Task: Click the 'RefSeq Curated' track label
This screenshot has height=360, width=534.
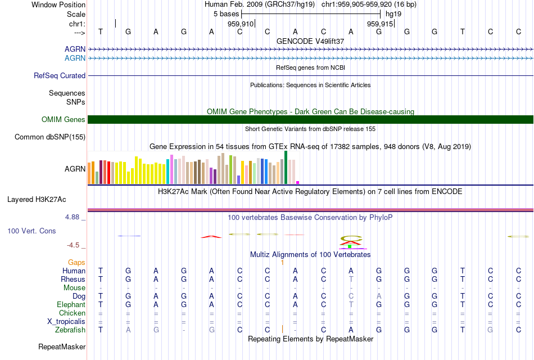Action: tap(60, 75)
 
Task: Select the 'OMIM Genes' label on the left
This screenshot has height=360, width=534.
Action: tap(64, 119)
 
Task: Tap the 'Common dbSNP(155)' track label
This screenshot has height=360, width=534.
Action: tap(50, 137)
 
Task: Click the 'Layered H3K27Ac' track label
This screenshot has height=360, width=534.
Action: tap(37, 199)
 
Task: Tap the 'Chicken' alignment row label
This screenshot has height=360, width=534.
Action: tap(72, 313)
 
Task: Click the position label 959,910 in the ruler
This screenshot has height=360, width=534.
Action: tap(240, 24)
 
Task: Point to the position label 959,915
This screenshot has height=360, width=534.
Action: tap(379, 24)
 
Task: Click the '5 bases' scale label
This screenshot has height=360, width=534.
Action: tap(227, 13)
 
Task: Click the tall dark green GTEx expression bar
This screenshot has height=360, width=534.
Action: tap(286, 167)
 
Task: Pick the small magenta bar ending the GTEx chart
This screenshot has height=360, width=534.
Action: tap(298, 182)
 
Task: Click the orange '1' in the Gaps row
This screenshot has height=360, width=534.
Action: tap(282, 262)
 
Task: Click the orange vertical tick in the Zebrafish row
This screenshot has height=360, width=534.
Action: tap(282, 329)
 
